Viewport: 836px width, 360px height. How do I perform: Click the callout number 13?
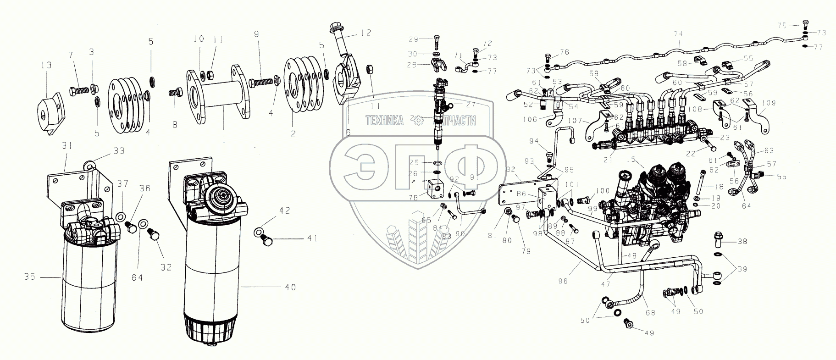pos(47,66)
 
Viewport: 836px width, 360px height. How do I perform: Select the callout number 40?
pos(290,288)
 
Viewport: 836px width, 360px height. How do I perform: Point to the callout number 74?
pos(678,33)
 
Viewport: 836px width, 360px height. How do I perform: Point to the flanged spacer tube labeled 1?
pos(219,98)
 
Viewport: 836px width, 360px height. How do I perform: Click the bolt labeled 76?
pos(548,59)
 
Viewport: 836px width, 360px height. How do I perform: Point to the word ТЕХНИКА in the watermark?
pos(384,121)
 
